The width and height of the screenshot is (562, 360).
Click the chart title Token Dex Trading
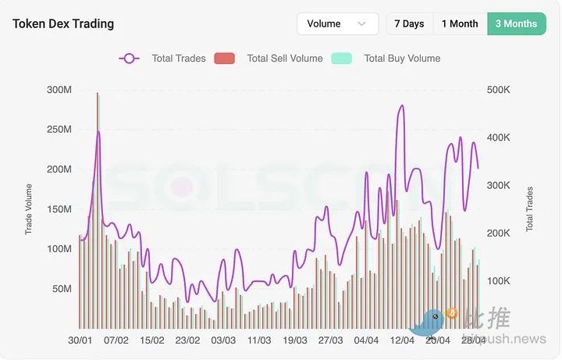click(63, 23)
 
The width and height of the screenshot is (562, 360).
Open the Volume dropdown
click(337, 23)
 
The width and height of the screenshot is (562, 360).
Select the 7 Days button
click(409, 23)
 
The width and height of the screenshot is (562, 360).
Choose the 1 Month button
click(460, 23)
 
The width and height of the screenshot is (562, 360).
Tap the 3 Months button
click(516, 23)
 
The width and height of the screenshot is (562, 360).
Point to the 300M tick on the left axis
click(59, 90)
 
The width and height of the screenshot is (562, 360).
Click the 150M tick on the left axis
click(59, 209)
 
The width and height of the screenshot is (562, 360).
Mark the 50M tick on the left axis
click(62, 289)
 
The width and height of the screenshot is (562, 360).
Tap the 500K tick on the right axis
click(497, 90)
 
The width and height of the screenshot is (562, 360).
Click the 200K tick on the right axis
click(497, 233)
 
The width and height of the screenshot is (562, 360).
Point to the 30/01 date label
click(80, 340)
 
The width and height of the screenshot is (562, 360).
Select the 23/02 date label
click(187, 340)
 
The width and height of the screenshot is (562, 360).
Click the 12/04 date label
click(402, 340)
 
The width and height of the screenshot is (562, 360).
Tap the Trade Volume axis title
click(29, 209)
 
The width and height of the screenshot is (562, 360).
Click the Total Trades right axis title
click(530, 209)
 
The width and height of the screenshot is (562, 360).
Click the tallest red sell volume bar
click(97, 211)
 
